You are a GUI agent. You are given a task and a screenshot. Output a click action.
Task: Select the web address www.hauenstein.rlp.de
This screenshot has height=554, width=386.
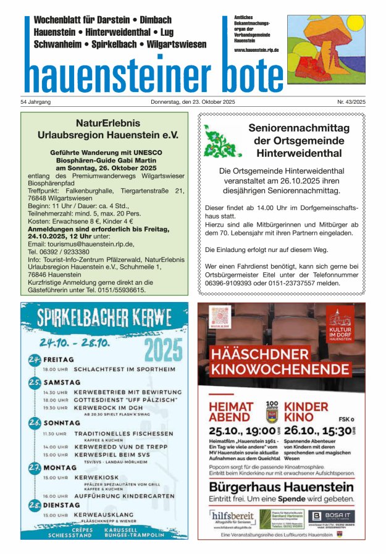[256, 49]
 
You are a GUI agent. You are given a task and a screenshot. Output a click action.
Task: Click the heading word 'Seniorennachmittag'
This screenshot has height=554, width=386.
[298, 128]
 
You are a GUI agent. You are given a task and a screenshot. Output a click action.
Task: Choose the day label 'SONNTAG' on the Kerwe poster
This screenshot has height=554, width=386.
[61, 423]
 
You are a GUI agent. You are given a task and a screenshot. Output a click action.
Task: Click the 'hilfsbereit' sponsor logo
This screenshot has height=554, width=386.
[232, 517]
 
